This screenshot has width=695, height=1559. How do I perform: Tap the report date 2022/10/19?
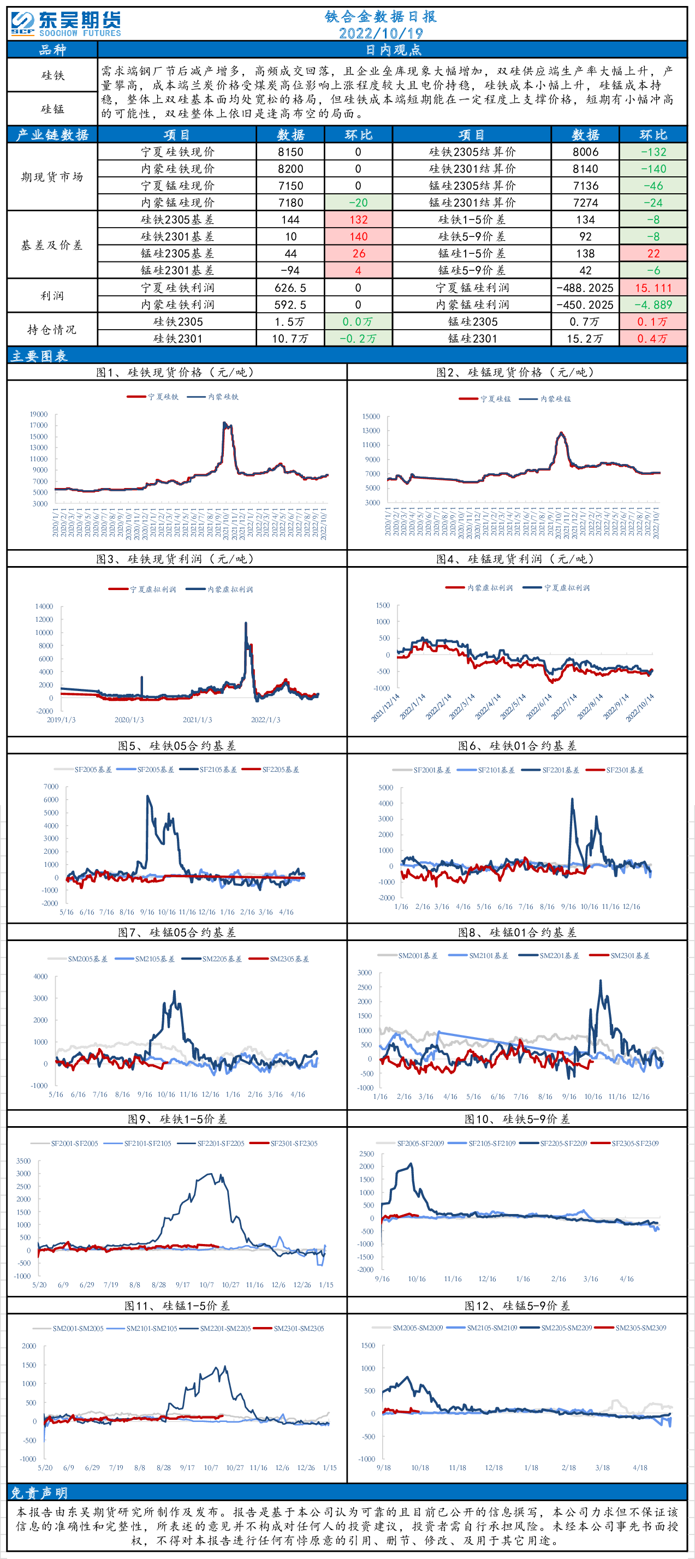coord(380,33)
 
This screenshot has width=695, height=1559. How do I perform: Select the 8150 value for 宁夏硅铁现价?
coord(290,152)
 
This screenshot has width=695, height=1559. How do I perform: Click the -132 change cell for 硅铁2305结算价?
coord(653,152)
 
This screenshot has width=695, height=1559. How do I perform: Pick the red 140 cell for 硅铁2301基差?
coord(358,237)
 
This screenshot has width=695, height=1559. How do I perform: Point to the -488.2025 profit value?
coord(585,288)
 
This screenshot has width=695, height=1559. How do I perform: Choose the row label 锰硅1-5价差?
coord(472,254)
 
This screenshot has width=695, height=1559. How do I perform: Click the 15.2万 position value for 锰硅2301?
coord(585,339)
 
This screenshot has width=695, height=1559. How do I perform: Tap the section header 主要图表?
coord(39,356)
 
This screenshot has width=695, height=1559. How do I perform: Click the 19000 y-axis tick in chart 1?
coord(39,414)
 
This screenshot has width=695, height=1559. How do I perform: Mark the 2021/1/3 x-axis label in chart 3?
coord(197,720)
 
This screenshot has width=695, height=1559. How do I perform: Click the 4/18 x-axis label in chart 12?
coord(640,1468)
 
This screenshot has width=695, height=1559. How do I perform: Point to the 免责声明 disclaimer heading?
coord(39,1493)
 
